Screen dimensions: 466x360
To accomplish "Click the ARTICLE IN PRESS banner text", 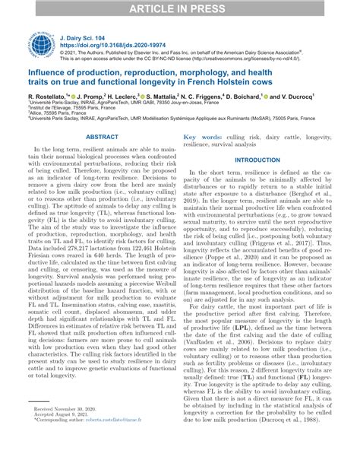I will [180, 8].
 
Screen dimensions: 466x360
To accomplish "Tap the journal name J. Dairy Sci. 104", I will [84, 36].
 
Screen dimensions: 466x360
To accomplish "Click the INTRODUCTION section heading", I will [257, 160].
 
